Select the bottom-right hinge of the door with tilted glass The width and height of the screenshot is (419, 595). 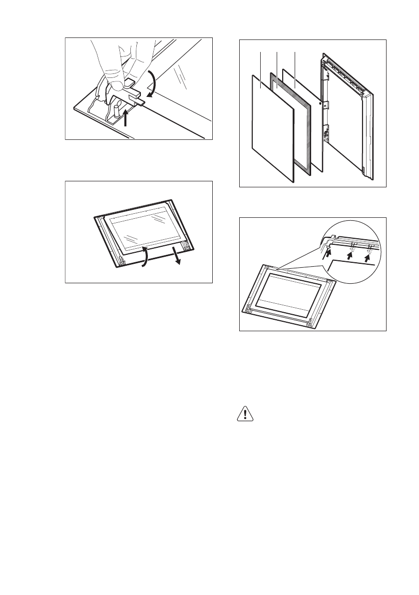[186, 245]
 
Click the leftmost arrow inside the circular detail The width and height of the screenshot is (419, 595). [329, 253]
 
